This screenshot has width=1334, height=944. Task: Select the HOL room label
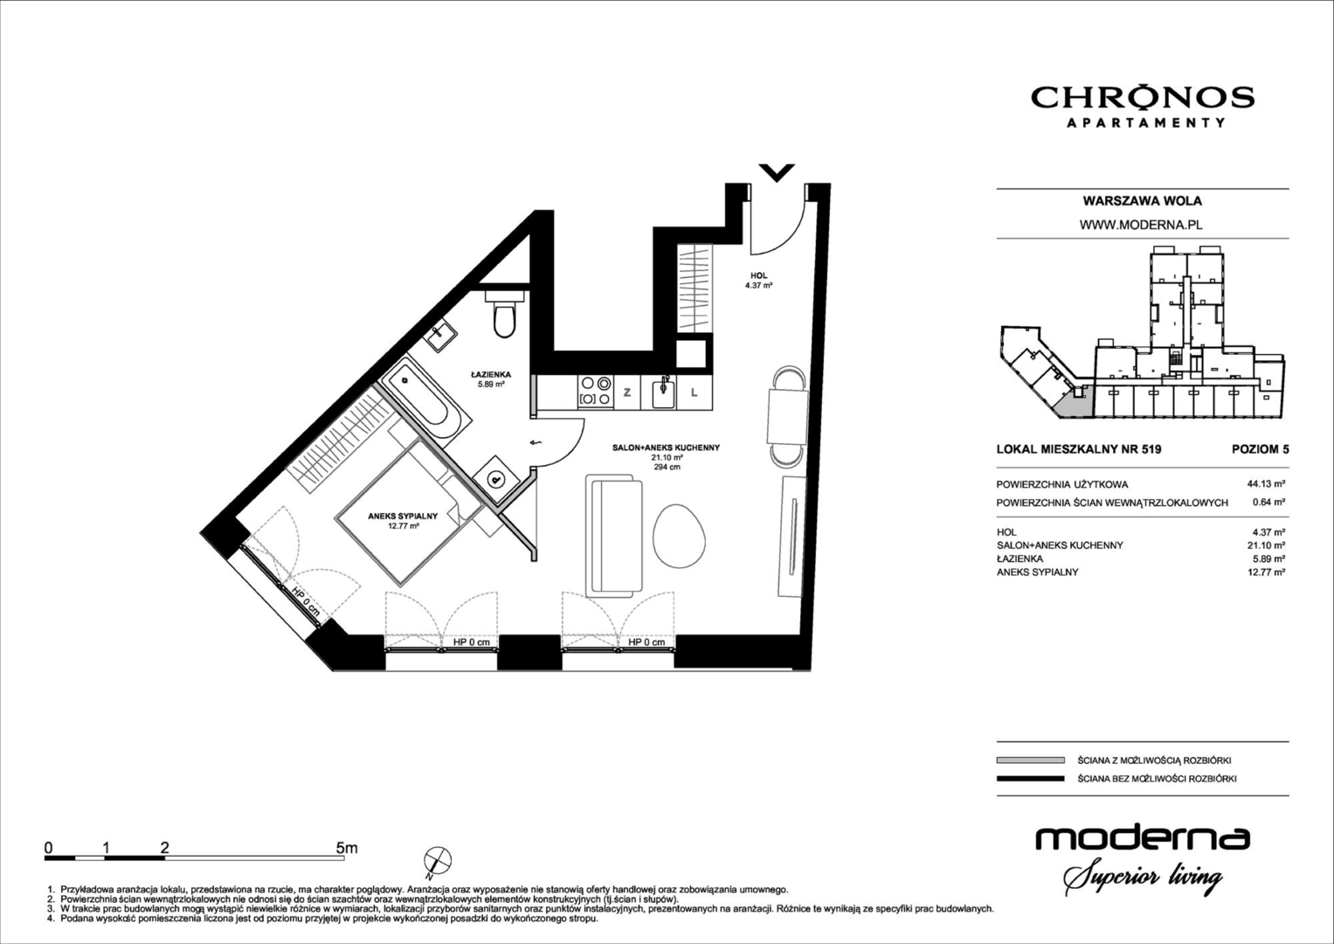758,275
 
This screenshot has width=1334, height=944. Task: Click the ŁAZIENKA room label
491,374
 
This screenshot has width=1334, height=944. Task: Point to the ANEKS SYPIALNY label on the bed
404,516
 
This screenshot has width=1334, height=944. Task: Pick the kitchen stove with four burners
596,392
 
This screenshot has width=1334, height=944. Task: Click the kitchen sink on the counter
663,392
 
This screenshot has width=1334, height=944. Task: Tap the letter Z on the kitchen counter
626,392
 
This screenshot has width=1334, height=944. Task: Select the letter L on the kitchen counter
694,392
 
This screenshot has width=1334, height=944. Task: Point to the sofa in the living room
613,536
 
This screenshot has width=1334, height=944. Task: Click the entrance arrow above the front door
777,172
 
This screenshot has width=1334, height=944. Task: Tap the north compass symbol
437,862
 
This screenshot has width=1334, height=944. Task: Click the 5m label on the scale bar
347,848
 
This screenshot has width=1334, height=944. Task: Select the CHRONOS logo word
1143,98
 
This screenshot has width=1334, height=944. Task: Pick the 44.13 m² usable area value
1266,484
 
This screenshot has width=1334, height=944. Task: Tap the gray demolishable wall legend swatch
1030,760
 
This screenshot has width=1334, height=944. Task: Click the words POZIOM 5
1260,449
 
